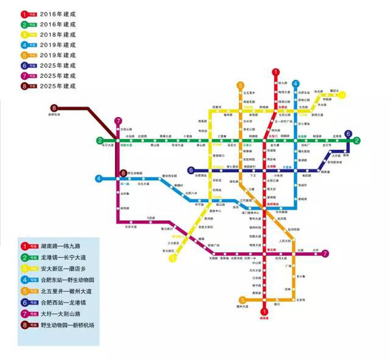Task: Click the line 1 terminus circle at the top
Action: [276, 73]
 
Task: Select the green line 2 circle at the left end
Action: [100, 140]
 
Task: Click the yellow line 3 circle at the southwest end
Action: [174, 258]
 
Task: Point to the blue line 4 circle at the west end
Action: [99, 177]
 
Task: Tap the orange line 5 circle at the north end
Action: [240, 84]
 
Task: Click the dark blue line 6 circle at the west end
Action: [190, 170]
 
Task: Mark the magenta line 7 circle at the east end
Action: [325, 253]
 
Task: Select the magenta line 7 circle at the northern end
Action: [118, 121]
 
